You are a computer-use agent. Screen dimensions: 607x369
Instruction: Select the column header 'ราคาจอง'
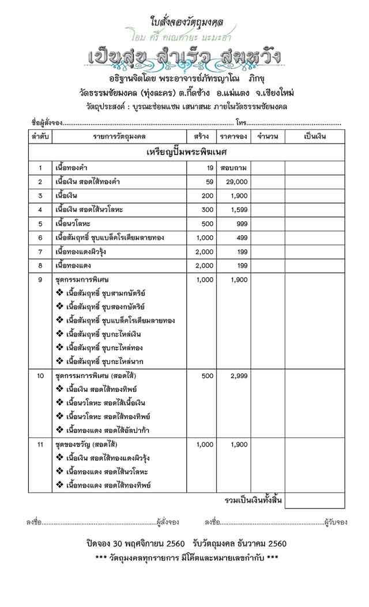pos(234,137)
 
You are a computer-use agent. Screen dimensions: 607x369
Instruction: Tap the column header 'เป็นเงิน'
pos(314,137)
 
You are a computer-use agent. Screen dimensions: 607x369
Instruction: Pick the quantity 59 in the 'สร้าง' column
pos(209,182)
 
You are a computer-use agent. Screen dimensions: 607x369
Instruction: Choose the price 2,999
pos(238,376)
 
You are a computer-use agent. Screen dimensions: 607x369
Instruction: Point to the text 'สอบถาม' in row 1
pos(234,168)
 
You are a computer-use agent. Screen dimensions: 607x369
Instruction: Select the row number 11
pos(40,444)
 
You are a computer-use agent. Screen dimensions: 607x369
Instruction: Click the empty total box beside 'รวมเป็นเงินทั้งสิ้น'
pos(314,500)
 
